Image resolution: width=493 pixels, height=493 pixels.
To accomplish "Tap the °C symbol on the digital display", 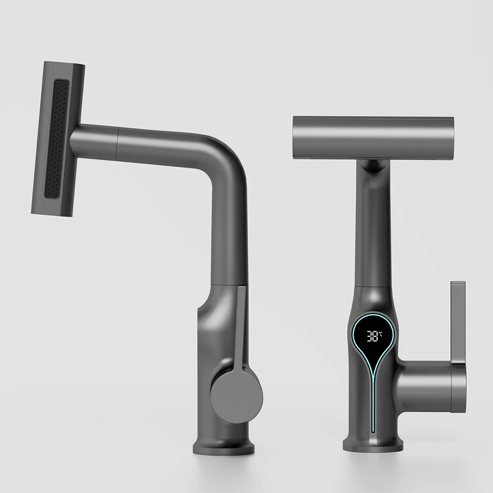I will (x=381, y=334).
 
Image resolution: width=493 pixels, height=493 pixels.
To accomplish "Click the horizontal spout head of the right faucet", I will (x=373, y=137).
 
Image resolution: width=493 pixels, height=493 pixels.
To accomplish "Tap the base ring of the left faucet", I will (x=224, y=446).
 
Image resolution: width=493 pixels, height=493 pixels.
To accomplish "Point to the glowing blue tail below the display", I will (x=373, y=394).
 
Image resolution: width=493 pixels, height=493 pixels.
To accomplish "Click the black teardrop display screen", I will (x=373, y=340).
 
